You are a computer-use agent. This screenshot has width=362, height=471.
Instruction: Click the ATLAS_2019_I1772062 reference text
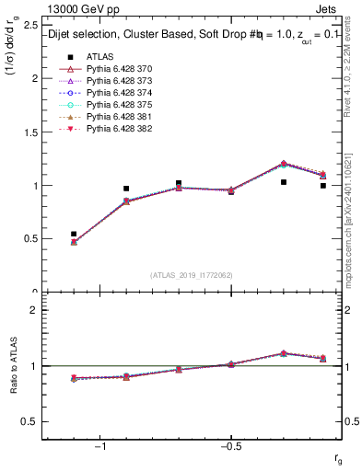pos(192,275)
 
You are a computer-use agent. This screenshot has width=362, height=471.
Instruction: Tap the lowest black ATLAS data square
pos(74,234)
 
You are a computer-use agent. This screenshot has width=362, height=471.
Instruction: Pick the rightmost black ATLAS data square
pos(322,186)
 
